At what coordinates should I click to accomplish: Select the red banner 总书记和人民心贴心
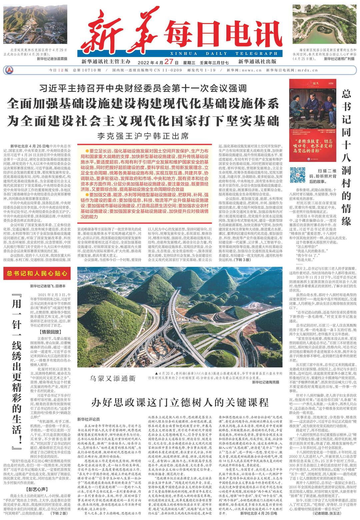(37, 274)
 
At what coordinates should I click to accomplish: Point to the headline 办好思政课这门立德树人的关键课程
(180, 402)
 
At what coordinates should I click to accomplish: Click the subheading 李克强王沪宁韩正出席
(143, 136)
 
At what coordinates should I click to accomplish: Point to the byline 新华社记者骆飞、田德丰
(48, 286)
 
